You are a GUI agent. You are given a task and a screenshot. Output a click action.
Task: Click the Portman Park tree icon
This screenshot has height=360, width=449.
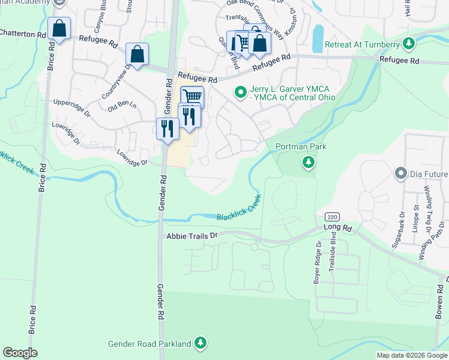tap(309, 162)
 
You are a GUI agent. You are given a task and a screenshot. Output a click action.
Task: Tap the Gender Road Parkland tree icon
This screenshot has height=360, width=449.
tap(202, 344)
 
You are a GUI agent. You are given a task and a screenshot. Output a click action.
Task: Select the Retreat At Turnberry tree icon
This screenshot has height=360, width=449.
tap(409, 44)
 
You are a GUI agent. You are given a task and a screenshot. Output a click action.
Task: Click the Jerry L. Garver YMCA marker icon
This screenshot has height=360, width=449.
tap(240, 92)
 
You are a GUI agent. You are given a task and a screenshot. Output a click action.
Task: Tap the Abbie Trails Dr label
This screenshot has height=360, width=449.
tap(191, 236)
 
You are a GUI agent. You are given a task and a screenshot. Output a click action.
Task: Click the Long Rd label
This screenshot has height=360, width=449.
tap(339, 227)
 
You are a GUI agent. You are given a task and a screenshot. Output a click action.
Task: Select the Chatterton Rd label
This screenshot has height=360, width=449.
tap(23, 34)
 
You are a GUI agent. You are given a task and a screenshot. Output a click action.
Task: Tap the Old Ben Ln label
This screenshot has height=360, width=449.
tap(122, 107)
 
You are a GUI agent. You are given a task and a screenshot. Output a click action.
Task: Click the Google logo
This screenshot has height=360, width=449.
tap(20, 353)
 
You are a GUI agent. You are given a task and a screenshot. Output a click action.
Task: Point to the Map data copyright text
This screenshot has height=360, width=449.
tap(412, 355)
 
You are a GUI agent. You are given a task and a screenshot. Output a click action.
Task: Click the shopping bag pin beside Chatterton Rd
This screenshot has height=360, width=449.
tap(59, 29)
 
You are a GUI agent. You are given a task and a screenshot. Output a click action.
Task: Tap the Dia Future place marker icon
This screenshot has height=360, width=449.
tap(400, 174)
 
